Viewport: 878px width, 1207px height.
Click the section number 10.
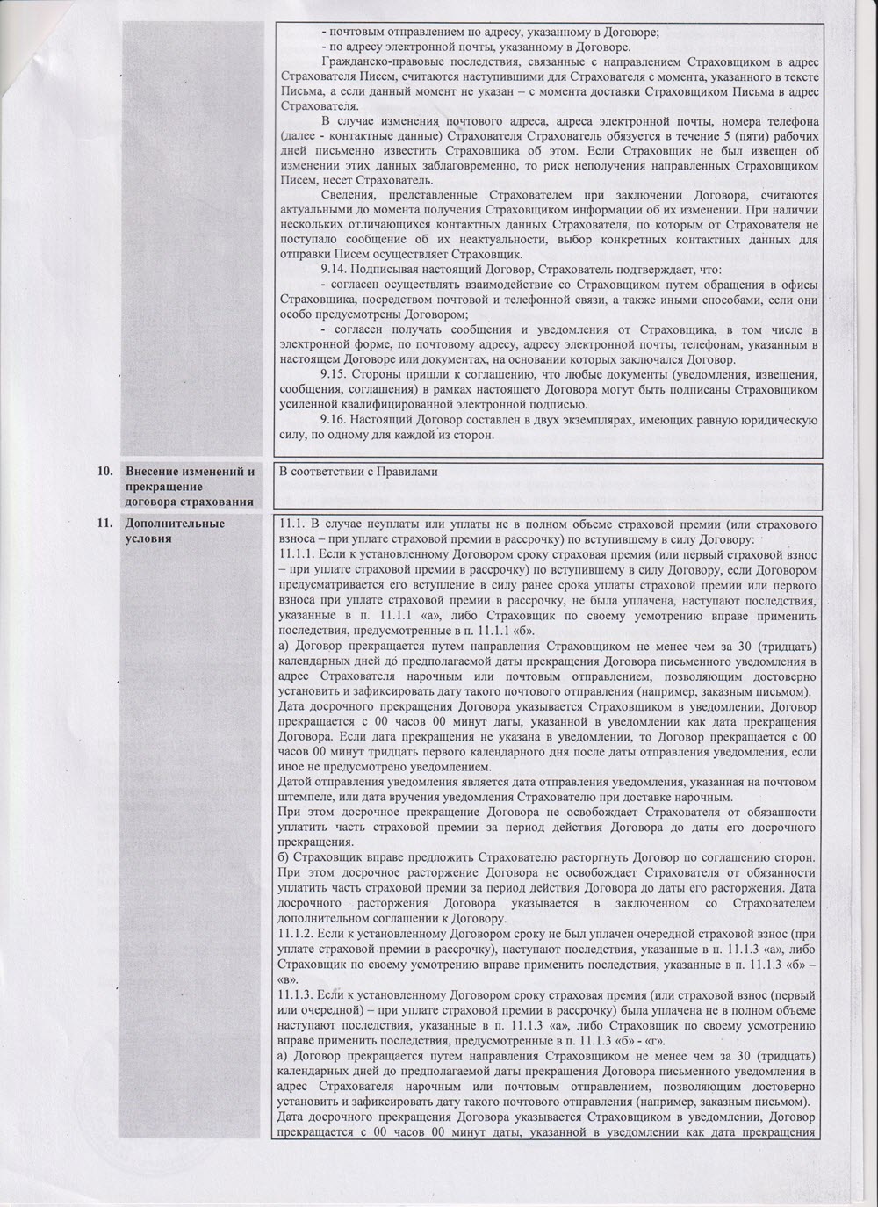[104, 472]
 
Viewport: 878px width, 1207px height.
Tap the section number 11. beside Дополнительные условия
[104, 524]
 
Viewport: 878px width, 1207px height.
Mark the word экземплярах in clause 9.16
[578, 419]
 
